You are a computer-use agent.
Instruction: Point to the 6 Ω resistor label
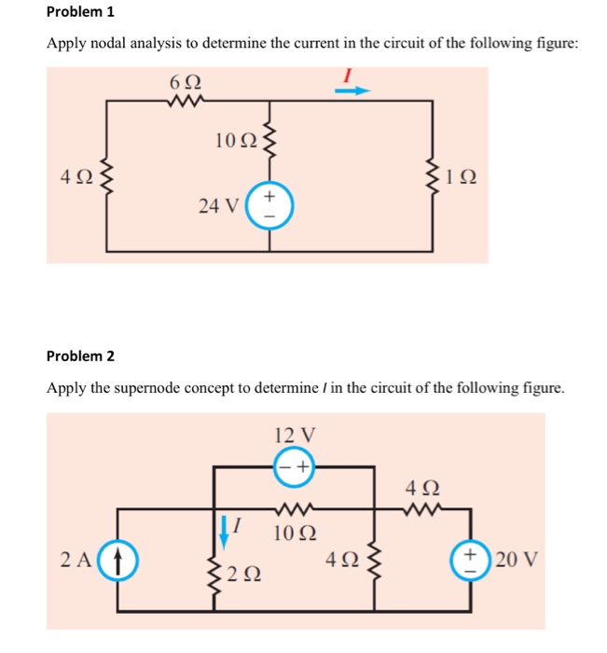185,82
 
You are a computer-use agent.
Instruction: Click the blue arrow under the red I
353,90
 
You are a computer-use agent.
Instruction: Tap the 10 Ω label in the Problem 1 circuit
234,141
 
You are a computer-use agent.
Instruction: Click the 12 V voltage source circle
295,466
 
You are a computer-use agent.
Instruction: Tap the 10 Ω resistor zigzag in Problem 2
296,510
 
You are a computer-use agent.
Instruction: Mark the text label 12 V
296,435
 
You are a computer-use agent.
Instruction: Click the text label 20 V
514,561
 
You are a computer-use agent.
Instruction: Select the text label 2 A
76,561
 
